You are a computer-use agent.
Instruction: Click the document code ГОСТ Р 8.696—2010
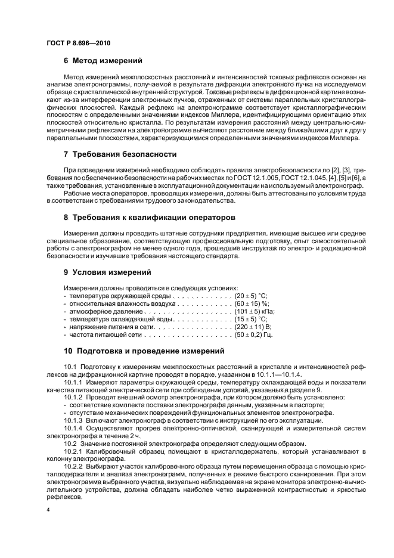(x=77, y=44)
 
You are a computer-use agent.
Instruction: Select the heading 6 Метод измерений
(x=103, y=61)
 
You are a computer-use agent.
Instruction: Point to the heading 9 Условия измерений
(x=107, y=272)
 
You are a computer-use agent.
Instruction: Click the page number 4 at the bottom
(x=48, y=511)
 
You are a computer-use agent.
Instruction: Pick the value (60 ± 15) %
(x=252, y=303)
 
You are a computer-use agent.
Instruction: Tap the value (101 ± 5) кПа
(x=255, y=312)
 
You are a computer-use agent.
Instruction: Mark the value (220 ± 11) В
(x=253, y=327)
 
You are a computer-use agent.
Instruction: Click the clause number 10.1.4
(x=73, y=428)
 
